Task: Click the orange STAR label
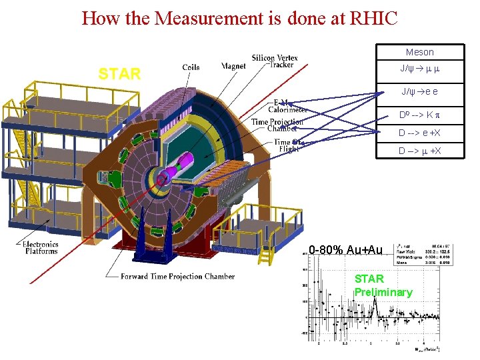coord(119,74)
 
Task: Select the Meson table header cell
coord(419,52)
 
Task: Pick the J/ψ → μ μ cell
coord(419,69)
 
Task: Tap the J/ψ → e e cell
coord(419,92)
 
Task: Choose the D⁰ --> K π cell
coord(419,115)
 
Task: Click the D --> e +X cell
coord(419,133)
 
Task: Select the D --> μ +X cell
coord(419,151)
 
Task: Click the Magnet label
coord(234,66)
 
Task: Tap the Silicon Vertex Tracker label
coord(275,61)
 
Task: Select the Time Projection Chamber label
coord(277,125)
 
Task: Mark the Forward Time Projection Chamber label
coord(177,276)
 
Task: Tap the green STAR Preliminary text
coord(383,285)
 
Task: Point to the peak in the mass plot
coord(375,301)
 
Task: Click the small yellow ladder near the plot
coord(266,255)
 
